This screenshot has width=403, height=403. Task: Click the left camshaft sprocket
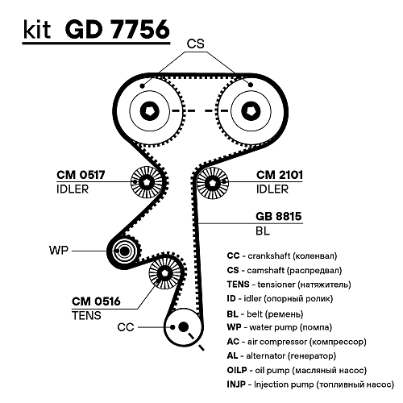[x=152, y=110]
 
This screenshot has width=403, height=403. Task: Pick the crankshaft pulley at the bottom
[x=185, y=327]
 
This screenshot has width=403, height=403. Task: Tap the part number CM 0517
[x=81, y=176]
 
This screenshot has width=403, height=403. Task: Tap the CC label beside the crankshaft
[x=125, y=327]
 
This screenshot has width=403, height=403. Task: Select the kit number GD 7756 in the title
[x=118, y=31]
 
